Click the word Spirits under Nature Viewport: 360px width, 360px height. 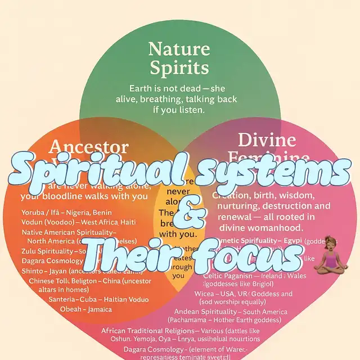178,69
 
